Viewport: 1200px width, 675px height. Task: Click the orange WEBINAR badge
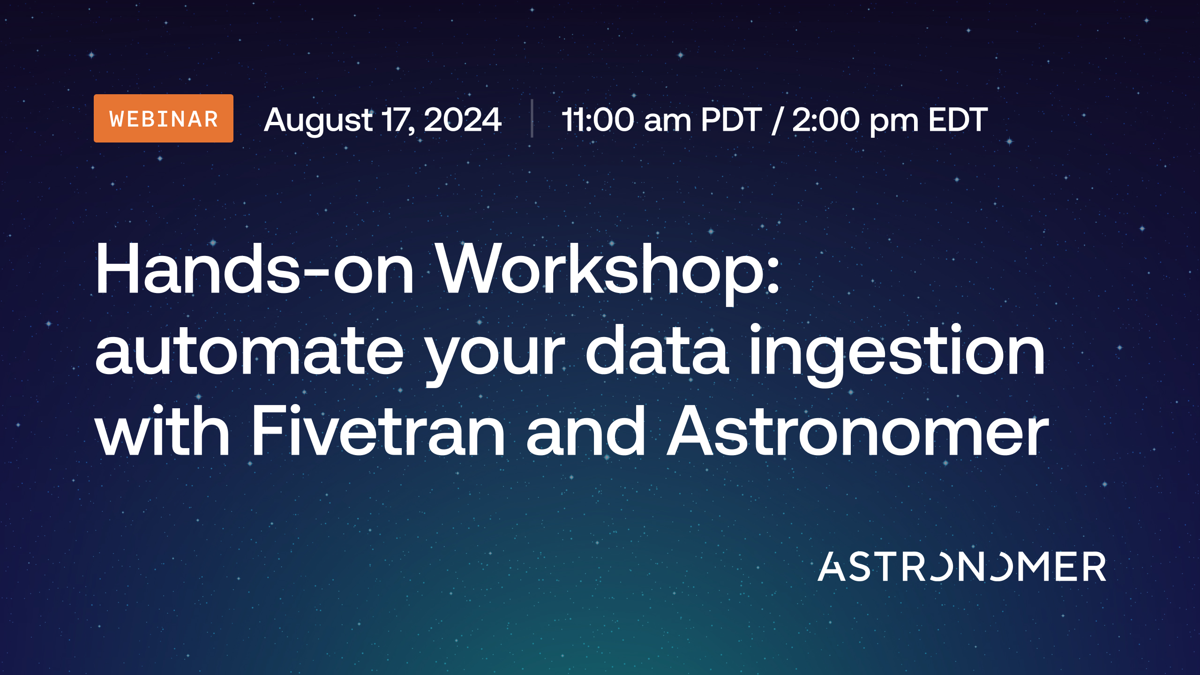tap(164, 118)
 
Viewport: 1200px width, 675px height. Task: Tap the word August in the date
tap(318, 120)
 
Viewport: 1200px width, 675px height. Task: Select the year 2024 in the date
tap(463, 120)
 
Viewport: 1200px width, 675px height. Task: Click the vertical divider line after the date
tap(532, 118)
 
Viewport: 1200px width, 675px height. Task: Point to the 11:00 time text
tap(598, 120)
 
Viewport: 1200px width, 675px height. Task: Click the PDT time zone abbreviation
tap(731, 120)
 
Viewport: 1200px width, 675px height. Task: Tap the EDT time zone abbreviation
tap(958, 120)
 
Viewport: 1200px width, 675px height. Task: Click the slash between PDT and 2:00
tap(777, 120)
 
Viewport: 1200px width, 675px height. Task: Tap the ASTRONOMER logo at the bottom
tap(962, 566)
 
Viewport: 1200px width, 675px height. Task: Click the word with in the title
tap(162, 430)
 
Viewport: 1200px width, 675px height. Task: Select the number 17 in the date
tap(397, 120)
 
